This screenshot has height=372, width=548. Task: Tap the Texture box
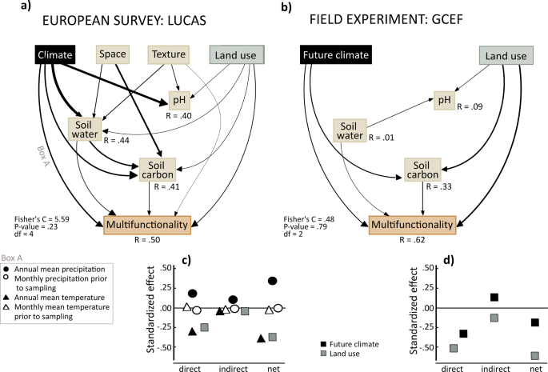(x=168, y=54)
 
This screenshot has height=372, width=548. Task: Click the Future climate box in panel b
(x=336, y=55)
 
